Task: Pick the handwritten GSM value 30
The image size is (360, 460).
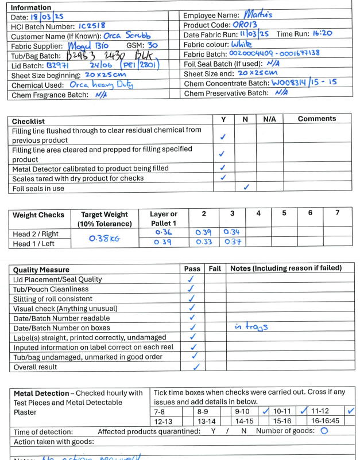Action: pos(153,45)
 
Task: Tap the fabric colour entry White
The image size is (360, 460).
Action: pos(245,44)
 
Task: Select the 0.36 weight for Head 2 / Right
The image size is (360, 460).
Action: pos(163,232)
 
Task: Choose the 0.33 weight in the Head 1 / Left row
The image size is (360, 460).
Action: pos(203,242)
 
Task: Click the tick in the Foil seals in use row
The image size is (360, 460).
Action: pos(246,188)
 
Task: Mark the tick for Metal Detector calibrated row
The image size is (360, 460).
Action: pos(222,168)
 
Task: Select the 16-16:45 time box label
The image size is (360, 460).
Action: pos(324,421)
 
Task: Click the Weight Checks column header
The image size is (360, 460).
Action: pos(38,215)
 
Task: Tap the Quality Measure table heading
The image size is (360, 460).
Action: pos(41,270)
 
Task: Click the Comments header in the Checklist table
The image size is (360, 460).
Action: pos(317,119)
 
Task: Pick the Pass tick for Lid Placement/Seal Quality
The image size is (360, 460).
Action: pos(192,279)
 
